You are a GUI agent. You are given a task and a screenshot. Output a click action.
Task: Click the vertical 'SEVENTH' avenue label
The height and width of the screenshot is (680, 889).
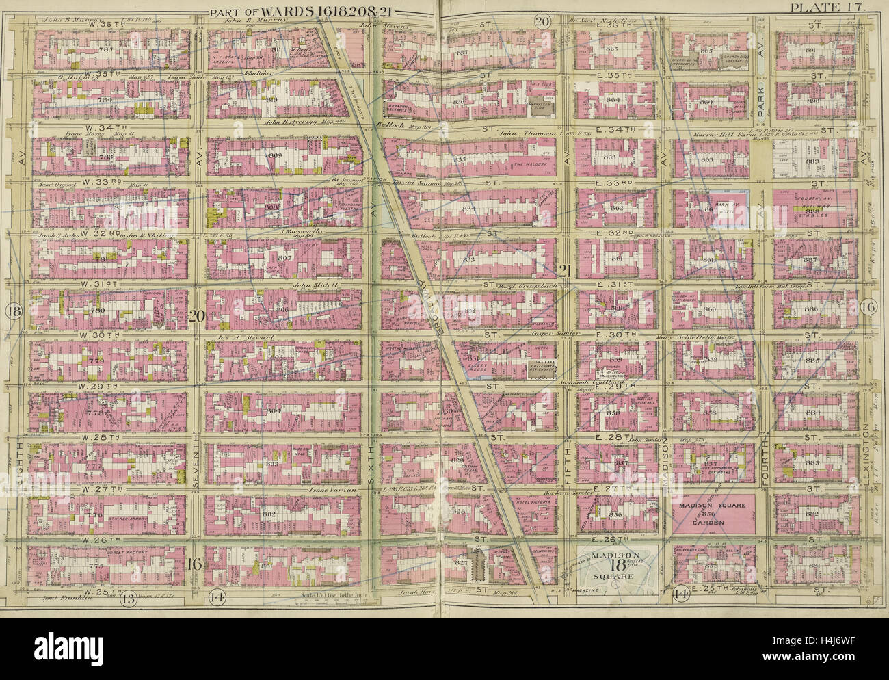coord(196,467)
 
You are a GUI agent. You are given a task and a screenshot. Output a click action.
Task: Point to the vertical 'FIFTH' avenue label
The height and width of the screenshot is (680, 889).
coord(565,465)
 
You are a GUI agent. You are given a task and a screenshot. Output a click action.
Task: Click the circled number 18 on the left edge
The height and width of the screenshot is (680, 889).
coord(12,312)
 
